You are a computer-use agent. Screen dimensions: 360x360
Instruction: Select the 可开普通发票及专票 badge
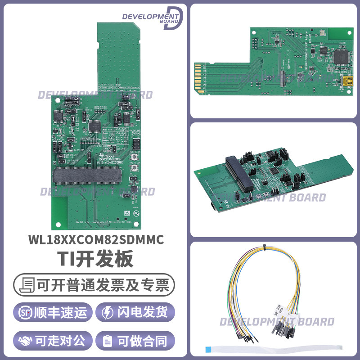[x=94, y=285]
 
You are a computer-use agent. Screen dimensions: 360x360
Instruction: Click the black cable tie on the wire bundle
[x=265, y=246]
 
